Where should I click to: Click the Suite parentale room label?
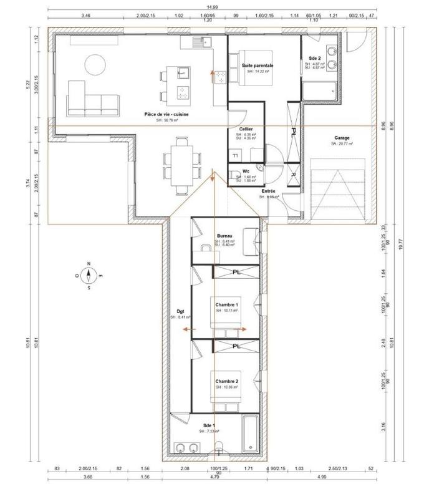pos(258,65)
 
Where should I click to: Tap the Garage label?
pos(341,138)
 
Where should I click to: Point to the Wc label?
pos(246,170)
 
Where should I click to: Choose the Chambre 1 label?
pos(227,304)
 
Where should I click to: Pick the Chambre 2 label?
pos(227,381)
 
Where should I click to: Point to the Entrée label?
pos(269,191)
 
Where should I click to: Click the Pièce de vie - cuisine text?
pos(166,114)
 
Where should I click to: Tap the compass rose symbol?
pos(89,274)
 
